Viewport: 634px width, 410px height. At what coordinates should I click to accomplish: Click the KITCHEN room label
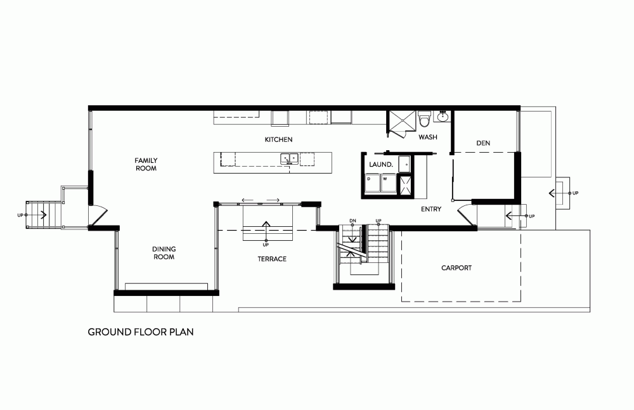pos(278,139)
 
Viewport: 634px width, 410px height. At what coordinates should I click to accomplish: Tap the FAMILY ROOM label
pos(146,164)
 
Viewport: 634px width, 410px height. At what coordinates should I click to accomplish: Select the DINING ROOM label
pos(164,253)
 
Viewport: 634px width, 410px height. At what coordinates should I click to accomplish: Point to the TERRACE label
pos(272,259)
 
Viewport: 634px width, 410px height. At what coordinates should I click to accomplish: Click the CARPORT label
pos(456,267)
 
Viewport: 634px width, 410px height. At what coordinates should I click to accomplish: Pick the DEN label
pos(483,143)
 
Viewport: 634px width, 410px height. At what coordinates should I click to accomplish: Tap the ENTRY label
pos(431,209)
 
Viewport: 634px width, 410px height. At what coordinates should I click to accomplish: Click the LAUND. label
pos(381,165)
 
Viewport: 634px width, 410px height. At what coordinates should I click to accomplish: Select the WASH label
pos(428,137)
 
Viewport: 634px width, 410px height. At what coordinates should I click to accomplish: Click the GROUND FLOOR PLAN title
pos(141,332)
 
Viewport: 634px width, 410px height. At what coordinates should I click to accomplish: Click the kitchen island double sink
pos(289,158)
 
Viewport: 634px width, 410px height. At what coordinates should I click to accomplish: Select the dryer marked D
pos(373,183)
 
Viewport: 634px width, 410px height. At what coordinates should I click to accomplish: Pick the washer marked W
pos(388,183)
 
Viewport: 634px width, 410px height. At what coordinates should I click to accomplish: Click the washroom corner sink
pos(443,116)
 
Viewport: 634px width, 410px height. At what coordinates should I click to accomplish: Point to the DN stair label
pos(353,221)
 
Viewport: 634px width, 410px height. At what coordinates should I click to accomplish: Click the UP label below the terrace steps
pos(266,245)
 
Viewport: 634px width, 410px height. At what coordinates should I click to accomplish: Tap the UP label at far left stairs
pos(20,215)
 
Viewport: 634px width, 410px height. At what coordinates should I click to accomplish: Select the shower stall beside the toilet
pos(402,120)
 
